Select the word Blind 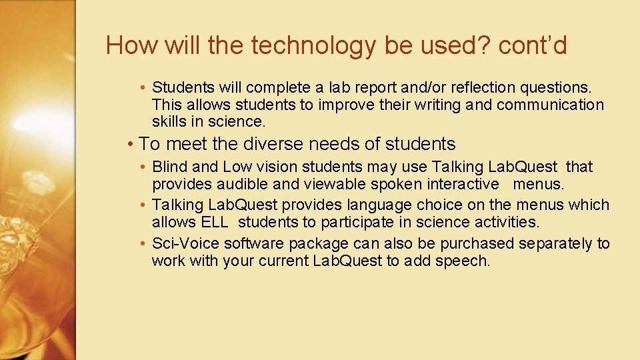coord(170,167)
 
